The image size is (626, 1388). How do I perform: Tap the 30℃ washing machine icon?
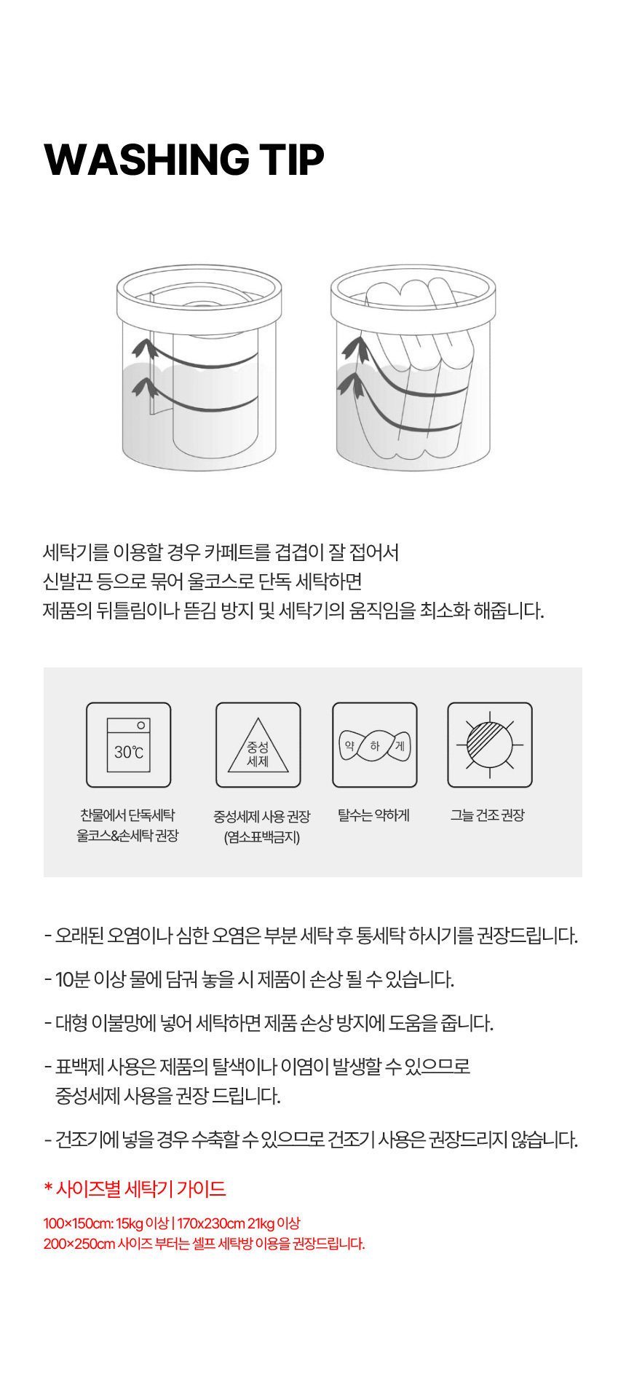pyautogui.click(x=129, y=745)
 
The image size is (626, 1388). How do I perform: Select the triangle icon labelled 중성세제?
pyautogui.click(x=258, y=745)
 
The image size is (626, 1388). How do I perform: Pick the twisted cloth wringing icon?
pyautogui.click(x=375, y=745)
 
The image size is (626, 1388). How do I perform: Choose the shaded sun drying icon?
pyautogui.click(x=490, y=745)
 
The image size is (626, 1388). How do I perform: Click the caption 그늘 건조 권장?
pyautogui.click(x=487, y=815)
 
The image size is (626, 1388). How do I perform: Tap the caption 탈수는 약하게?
pyautogui.click(x=373, y=815)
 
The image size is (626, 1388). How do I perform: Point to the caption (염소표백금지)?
pyautogui.click(x=262, y=837)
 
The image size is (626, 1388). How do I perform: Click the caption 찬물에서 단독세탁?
pyautogui.click(x=127, y=815)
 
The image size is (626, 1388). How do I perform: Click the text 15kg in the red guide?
pyautogui.click(x=130, y=1223)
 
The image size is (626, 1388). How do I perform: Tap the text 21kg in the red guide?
pyautogui.click(x=261, y=1223)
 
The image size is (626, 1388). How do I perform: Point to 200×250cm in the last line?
pyautogui.click(x=79, y=1244)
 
